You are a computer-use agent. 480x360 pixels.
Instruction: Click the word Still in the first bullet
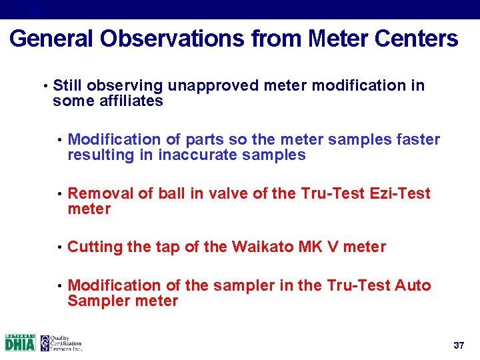pos(67,86)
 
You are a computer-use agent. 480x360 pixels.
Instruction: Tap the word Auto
pos(413,286)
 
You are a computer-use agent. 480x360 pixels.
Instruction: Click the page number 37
pos(458,345)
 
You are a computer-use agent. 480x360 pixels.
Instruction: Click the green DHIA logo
pos(20,343)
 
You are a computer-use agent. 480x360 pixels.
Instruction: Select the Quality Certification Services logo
pos(61,343)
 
